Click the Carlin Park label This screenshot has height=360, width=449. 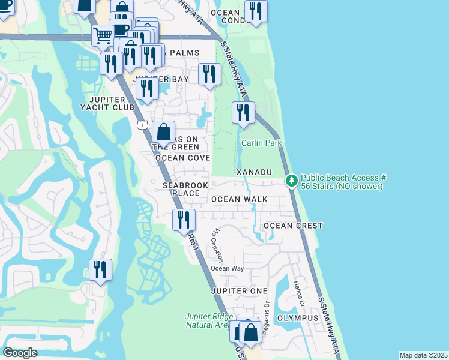click(x=261, y=143)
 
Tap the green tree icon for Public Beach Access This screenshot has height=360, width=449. click(x=291, y=180)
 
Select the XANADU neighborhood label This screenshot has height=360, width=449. click(x=254, y=172)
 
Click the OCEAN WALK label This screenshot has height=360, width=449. click(x=239, y=199)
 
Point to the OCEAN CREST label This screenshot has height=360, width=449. click(x=293, y=226)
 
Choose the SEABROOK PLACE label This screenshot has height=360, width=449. click(x=181, y=190)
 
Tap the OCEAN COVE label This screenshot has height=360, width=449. click(x=182, y=158)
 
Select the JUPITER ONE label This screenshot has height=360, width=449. click(x=238, y=290)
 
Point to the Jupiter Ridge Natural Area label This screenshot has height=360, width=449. click(x=208, y=320)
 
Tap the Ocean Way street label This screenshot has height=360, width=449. click(x=228, y=268)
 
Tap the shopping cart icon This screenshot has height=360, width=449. click(x=103, y=36)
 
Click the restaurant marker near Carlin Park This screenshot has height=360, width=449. click(x=243, y=113)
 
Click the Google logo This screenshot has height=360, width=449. click(x=20, y=353)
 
